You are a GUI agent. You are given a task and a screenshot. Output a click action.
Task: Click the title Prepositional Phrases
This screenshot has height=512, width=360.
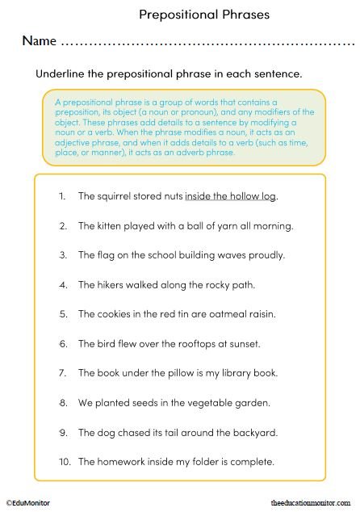tap(204, 14)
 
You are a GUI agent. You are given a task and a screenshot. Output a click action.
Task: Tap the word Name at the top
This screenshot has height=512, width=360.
tap(39, 40)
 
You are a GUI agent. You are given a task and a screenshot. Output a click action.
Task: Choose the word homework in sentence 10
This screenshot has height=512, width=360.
tap(125, 462)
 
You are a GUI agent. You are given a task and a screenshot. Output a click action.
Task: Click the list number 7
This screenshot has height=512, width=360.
tap(62, 373)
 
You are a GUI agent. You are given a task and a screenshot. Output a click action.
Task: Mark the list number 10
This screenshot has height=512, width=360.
tap(63, 462)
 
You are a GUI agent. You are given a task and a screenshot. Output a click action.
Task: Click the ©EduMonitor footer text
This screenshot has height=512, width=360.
tap(28, 502)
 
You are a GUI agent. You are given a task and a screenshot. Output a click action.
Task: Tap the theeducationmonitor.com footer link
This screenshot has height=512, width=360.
tap(311, 502)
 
